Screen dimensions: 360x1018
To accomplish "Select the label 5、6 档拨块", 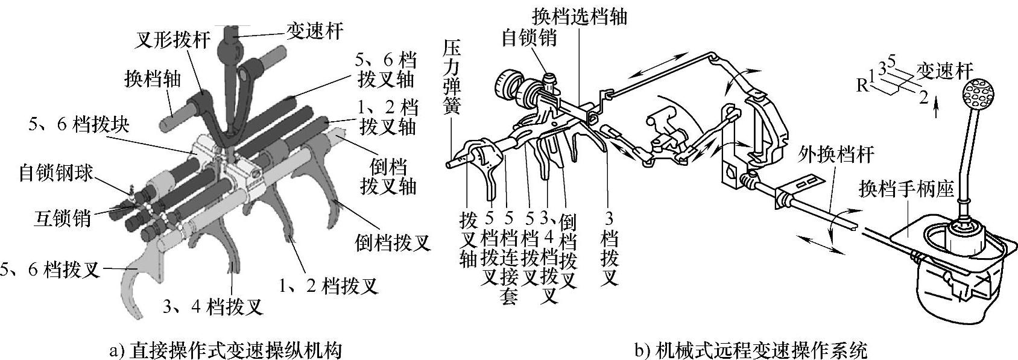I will pyautogui.click(x=78, y=124).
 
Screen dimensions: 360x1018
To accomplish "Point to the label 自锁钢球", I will pyautogui.click(x=56, y=173).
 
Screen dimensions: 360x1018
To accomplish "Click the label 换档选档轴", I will pyautogui.click(x=580, y=16).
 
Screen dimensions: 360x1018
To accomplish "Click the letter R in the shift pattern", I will pyautogui.click(x=862, y=84).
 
